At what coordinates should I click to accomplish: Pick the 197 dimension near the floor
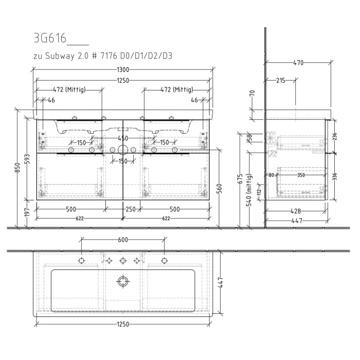coord(28,213)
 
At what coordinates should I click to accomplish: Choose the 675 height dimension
coord(239,179)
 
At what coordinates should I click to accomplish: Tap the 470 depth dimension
coord(298,63)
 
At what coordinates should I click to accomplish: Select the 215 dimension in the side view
coord(281,81)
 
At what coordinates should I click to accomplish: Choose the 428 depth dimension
coord(295,211)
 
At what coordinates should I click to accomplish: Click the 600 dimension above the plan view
coord(122,240)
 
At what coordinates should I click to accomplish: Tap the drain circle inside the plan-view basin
coord(122,281)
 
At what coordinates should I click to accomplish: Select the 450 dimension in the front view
coord(122,138)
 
